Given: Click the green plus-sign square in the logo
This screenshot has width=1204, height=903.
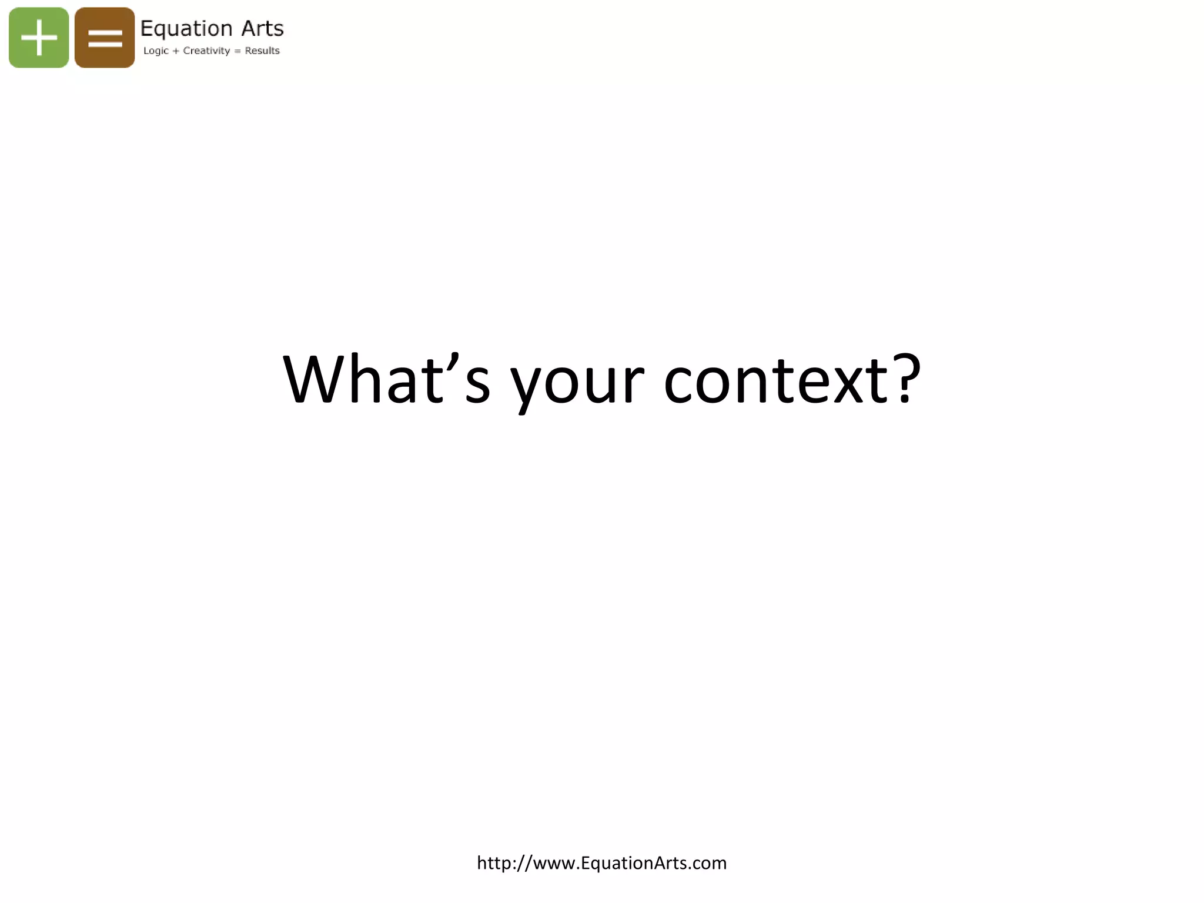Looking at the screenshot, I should (x=39, y=38).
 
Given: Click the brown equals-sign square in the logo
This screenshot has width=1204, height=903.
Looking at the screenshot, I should (x=105, y=38).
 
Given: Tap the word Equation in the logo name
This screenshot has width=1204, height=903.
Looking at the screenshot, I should (x=186, y=28).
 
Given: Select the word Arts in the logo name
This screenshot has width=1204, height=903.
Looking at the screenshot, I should (x=262, y=28).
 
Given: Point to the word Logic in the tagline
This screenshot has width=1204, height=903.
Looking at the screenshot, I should (x=156, y=51).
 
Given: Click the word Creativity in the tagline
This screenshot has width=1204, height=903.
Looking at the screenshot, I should (x=206, y=51).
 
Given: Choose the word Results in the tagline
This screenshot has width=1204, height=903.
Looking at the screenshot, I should (x=262, y=51).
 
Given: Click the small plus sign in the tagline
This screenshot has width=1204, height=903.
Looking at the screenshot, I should (x=176, y=51).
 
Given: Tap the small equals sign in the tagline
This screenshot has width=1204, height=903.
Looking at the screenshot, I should (x=238, y=51).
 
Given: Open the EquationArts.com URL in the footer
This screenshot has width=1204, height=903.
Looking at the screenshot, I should (x=601, y=863).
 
